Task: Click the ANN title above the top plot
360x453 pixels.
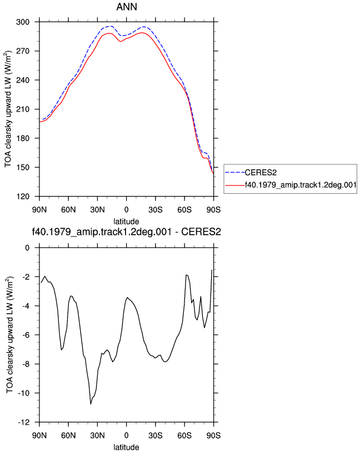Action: coord(127,7)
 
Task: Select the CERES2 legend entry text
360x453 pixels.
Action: coord(261,173)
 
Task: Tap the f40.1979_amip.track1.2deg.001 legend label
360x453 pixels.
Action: coord(301,185)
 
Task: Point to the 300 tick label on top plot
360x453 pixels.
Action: coord(23,22)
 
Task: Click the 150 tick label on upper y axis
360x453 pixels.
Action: coord(23,167)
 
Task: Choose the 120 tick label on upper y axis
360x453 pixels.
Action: coord(23,197)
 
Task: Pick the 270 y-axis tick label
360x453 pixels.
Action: coord(23,51)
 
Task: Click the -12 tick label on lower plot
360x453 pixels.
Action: coord(24,422)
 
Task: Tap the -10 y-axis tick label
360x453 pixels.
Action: coord(24,393)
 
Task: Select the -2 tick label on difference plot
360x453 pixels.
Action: coord(26,277)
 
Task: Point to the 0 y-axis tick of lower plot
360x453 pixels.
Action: coord(27,248)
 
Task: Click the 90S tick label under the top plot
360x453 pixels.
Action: coord(213,209)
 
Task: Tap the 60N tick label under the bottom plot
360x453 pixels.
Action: coord(68,435)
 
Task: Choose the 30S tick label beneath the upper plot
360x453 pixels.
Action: coord(155,209)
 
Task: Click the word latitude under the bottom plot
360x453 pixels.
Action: coord(126,447)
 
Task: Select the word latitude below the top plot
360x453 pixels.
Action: coord(126,222)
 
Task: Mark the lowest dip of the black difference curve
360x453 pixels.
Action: coord(91,404)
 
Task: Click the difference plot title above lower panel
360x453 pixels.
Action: coord(126,231)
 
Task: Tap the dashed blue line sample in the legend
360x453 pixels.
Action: coord(235,173)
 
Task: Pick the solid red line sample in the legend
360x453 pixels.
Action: coord(235,185)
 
